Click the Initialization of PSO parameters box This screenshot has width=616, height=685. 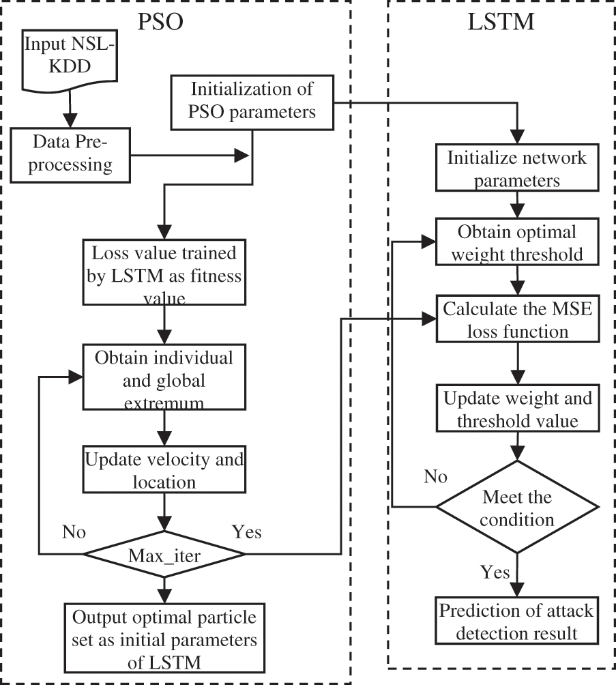[x=252, y=101]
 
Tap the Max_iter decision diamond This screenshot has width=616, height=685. [x=164, y=556]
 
